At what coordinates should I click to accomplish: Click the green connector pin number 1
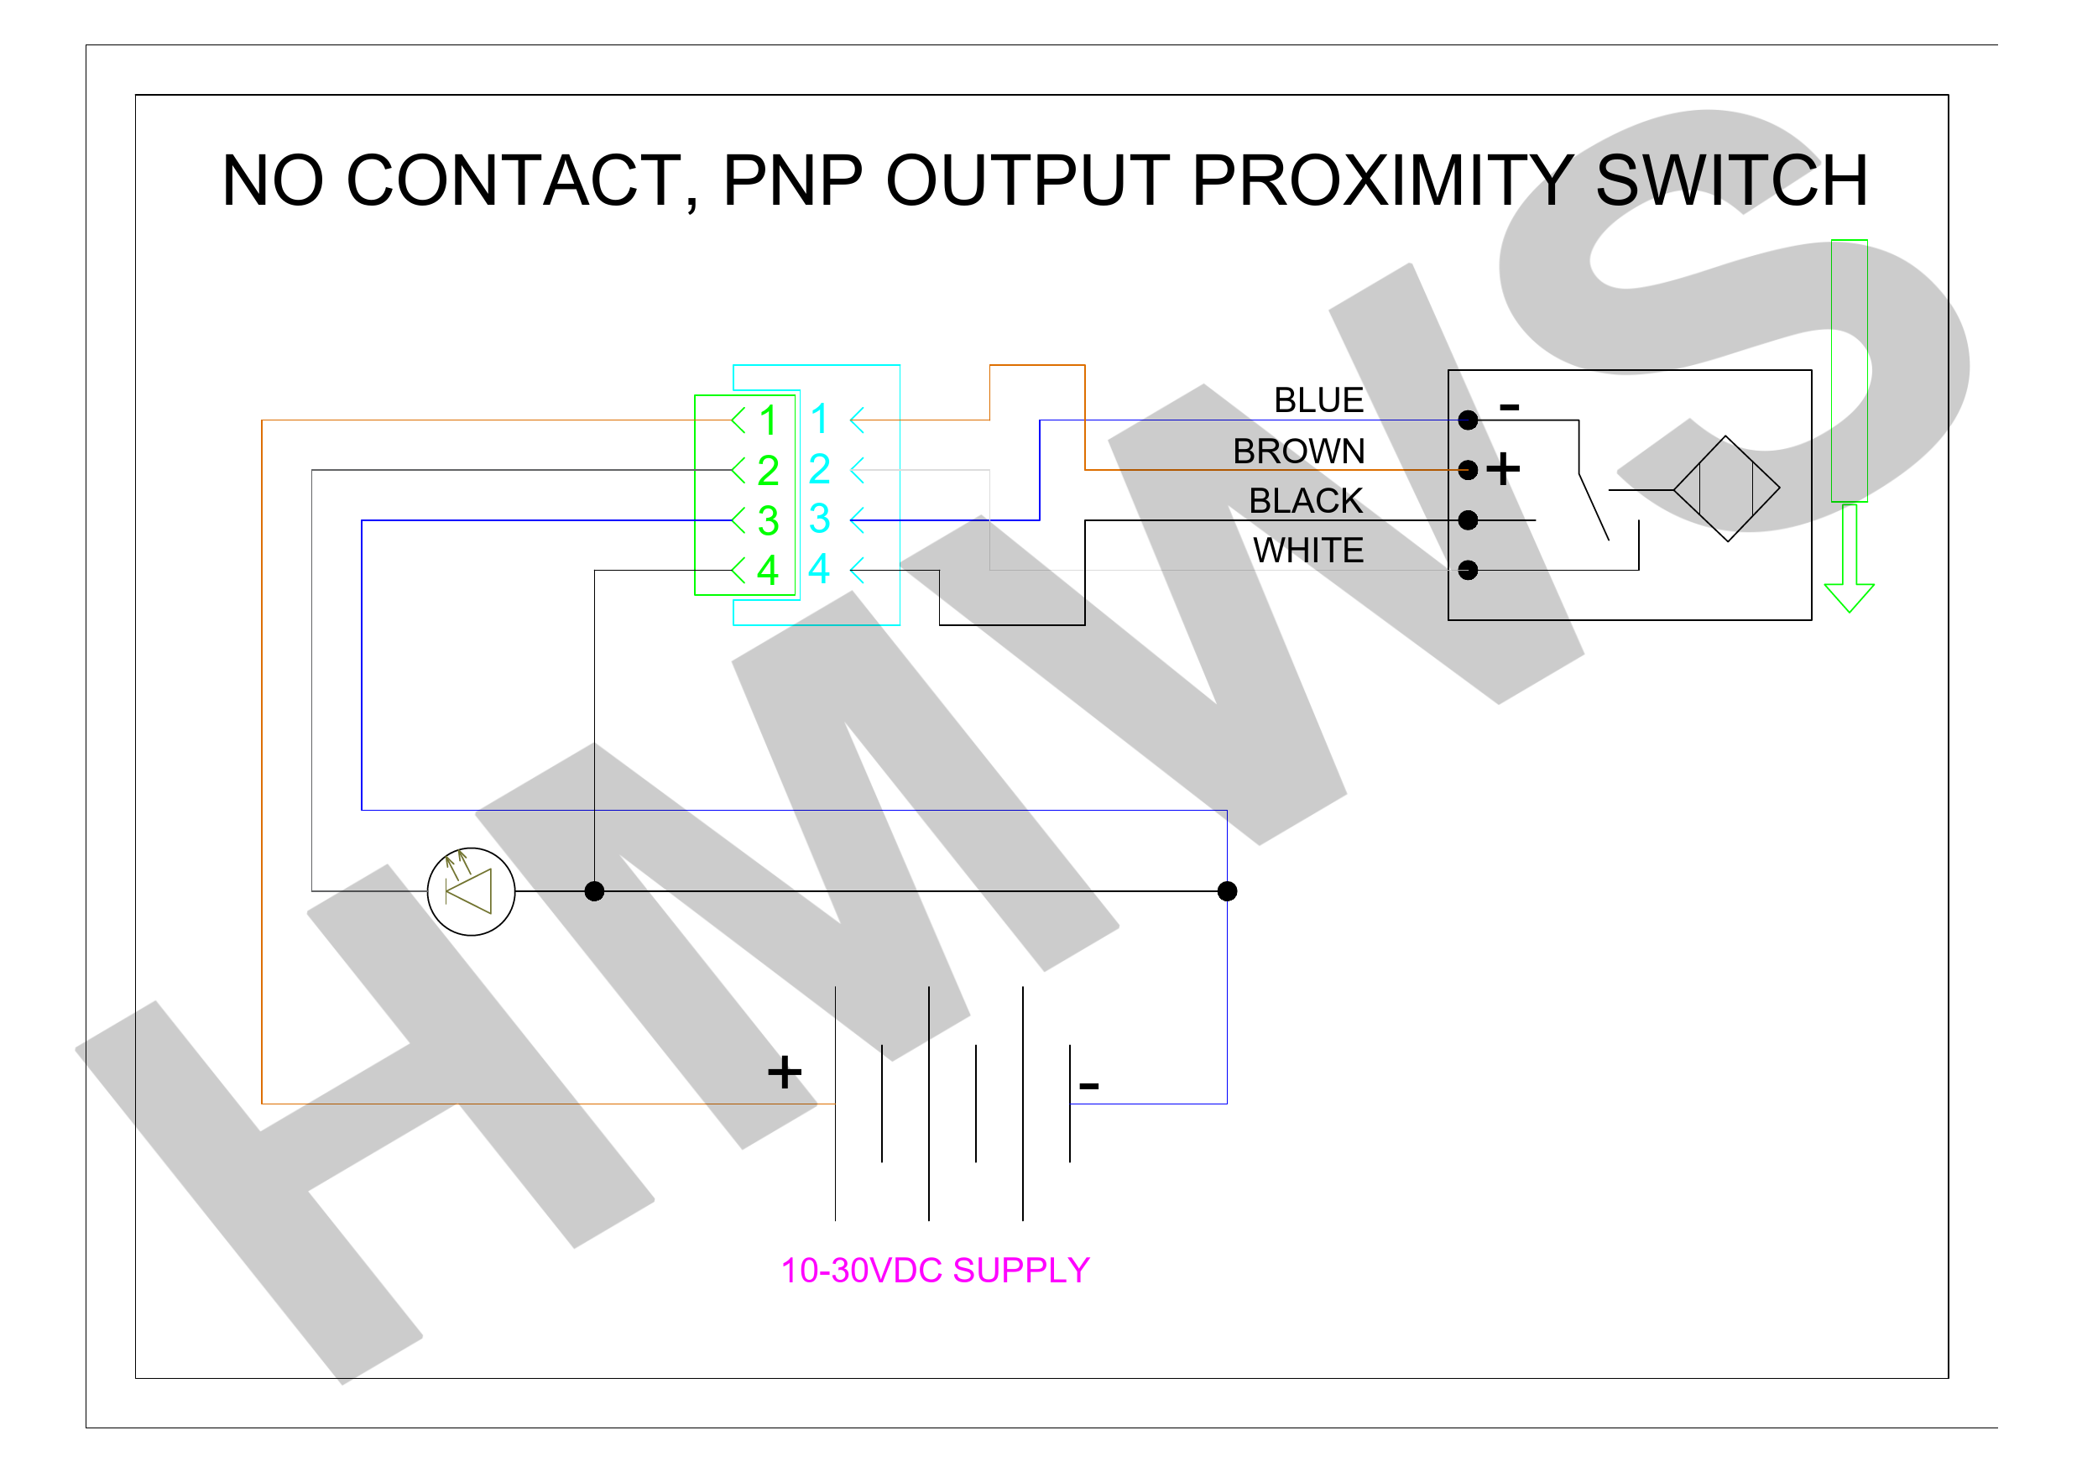point(768,420)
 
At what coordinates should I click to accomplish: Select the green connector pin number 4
point(768,570)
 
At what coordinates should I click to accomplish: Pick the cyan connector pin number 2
point(820,469)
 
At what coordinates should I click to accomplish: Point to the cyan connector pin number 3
point(820,519)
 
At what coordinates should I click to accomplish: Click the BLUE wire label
point(1318,400)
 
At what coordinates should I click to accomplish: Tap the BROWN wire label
point(1298,451)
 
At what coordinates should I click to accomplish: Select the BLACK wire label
point(1306,501)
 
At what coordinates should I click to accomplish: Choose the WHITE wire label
point(1308,551)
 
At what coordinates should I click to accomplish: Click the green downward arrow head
point(1849,598)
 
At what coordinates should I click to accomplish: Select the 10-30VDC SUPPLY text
point(935,1271)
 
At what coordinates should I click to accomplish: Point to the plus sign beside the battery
point(785,1072)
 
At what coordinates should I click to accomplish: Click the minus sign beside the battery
point(1089,1085)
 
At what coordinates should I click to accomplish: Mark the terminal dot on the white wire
point(1468,570)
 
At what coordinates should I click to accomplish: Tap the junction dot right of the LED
point(594,891)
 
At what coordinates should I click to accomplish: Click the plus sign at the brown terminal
point(1503,469)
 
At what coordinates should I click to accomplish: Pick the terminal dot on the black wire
point(1468,519)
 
